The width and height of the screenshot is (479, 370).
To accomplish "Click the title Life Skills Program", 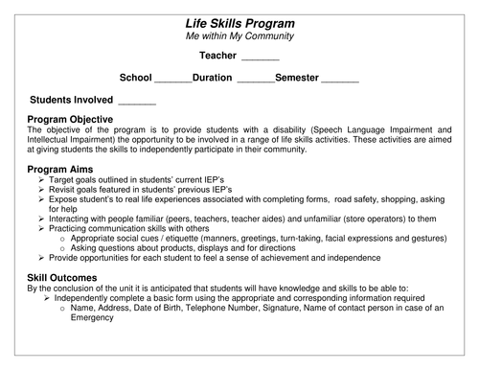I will pos(239,22).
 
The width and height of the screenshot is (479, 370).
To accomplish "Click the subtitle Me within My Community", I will pos(239,36).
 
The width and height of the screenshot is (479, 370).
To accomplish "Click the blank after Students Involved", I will pos(136,100).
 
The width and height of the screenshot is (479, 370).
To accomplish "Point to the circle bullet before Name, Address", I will pos(63,308).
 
